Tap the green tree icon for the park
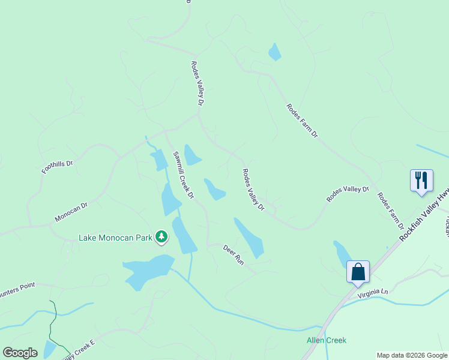click(161, 238)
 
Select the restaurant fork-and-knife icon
click(421, 180)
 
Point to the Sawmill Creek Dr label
click(184, 175)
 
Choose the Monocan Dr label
click(71, 212)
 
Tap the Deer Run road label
click(233, 255)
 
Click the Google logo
click(20, 352)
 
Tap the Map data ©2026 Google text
click(412, 355)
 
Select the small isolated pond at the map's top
click(274, 52)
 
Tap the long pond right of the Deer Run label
click(249, 238)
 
